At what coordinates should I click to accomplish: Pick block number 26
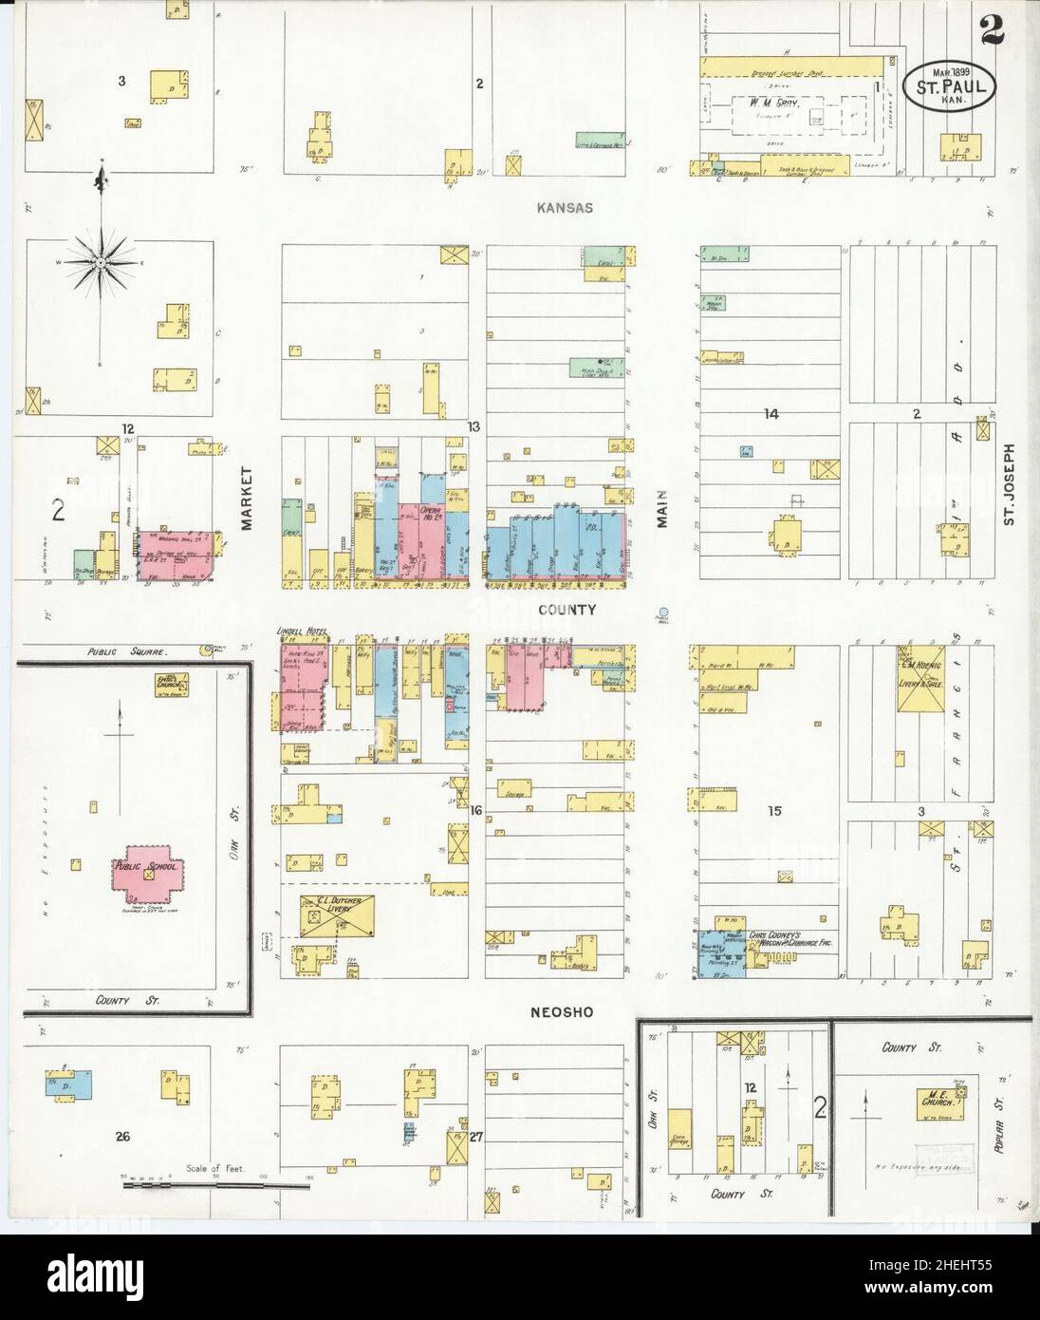click(121, 1137)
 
